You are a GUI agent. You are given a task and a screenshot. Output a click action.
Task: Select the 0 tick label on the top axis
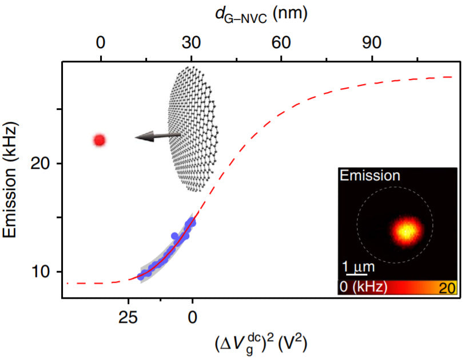coord(101,42)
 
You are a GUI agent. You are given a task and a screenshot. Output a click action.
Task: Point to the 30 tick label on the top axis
coord(191,42)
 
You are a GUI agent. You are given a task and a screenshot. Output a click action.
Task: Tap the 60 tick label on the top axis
coord(282,42)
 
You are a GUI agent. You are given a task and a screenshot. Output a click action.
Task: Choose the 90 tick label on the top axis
coord(372,42)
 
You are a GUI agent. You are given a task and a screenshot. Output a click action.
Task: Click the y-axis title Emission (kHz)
coord(13,179)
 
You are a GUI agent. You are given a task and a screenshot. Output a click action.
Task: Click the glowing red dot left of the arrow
coord(100,140)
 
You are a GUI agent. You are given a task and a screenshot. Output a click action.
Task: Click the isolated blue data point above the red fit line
coord(175,236)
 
